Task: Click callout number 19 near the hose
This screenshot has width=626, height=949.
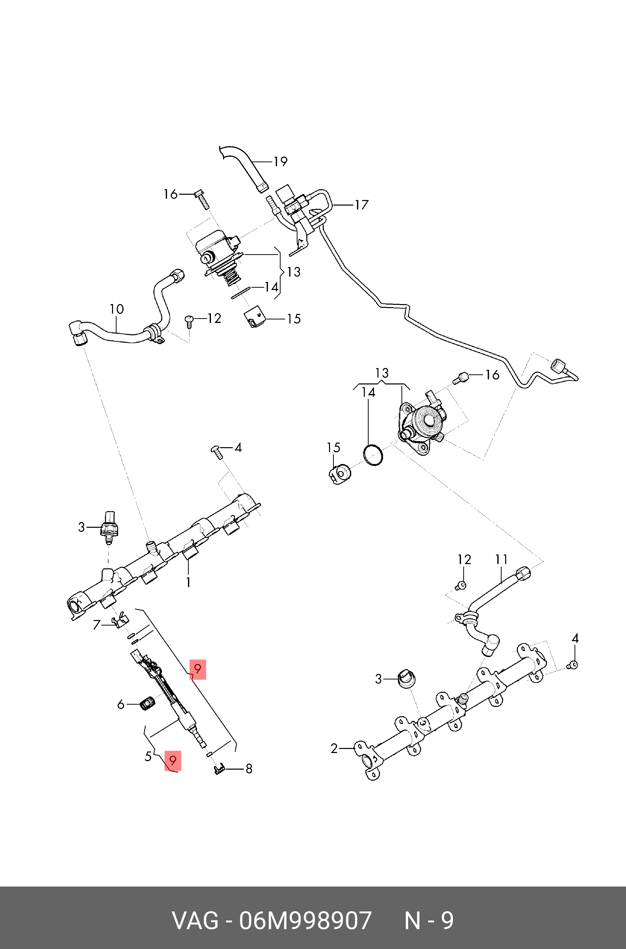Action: point(280,161)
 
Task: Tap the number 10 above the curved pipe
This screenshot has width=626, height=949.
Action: point(117,309)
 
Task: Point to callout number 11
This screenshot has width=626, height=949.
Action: point(501,560)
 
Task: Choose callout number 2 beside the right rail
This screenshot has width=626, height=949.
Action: point(334,748)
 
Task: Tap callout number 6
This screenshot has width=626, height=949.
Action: point(121,705)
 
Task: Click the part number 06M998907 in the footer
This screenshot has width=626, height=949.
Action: point(305,921)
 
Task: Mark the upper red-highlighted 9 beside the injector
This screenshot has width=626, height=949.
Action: point(197,668)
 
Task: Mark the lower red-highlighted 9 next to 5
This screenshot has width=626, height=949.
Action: point(173,760)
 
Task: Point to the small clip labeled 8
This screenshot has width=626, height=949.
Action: point(219,769)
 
